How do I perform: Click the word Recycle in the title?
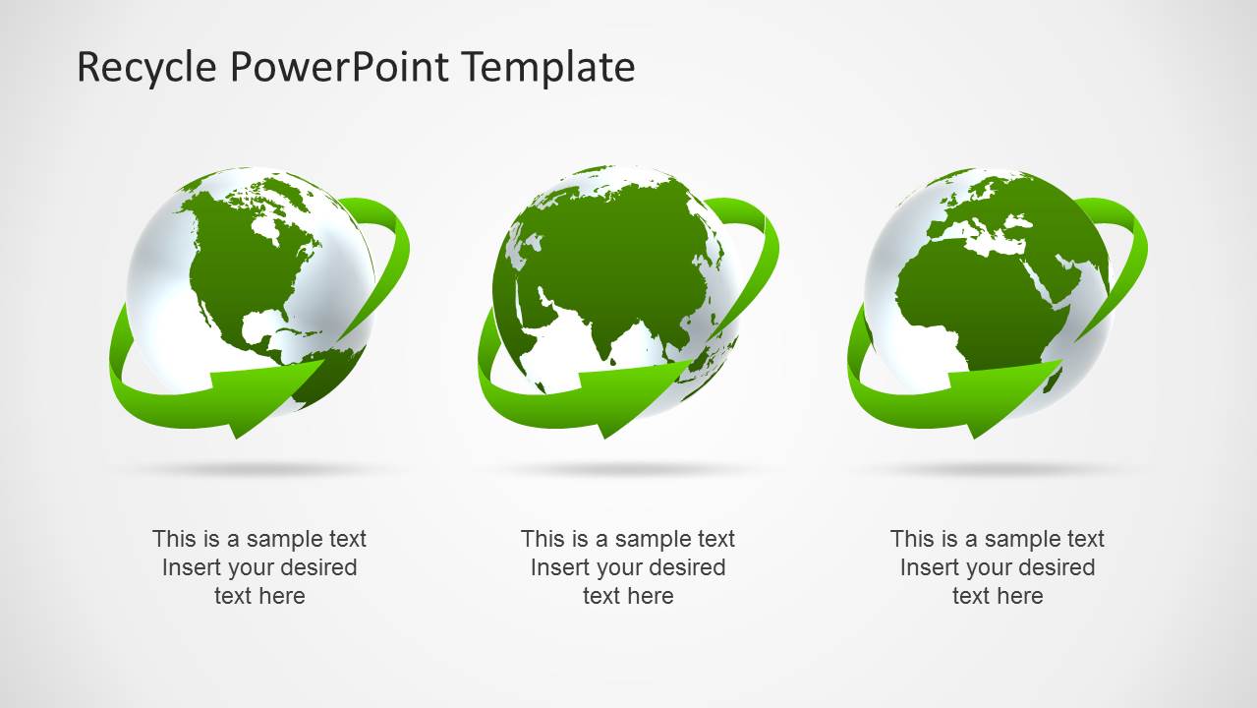(x=146, y=68)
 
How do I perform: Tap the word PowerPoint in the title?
(x=339, y=68)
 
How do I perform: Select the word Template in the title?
(x=548, y=68)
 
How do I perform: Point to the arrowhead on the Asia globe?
(x=635, y=397)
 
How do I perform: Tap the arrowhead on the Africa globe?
(x=1004, y=397)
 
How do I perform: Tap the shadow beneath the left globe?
(x=259, y=468)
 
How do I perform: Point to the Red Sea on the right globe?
(x=1044, y=280)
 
